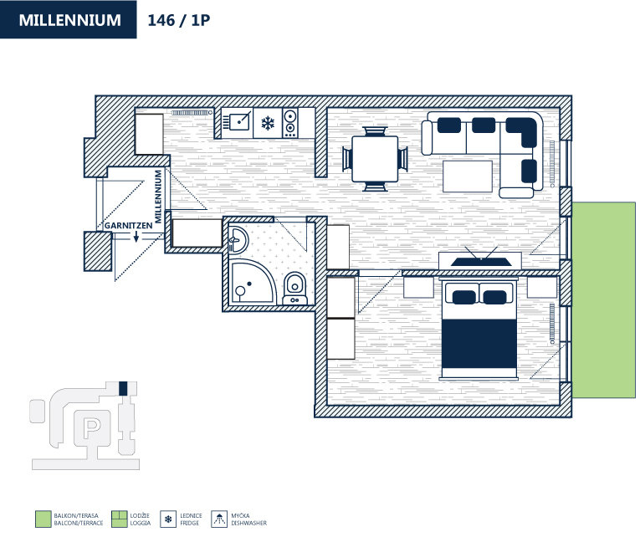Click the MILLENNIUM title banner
69,20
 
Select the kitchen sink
238,122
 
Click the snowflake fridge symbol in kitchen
268,124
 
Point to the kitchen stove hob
290,124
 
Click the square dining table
375,158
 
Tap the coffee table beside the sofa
468,174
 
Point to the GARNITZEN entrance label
129,226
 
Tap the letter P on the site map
92,427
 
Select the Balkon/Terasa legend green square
43,519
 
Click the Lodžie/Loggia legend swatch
118,519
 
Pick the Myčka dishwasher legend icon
219,519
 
